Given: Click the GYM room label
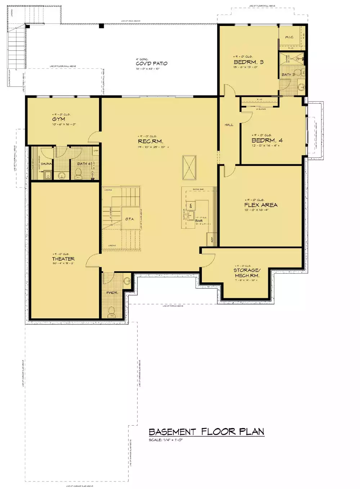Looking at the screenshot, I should (59, 119).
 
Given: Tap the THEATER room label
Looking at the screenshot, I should (63, 259).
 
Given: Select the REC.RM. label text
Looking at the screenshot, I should (150, 142).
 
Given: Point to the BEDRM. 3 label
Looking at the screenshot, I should (248, 62).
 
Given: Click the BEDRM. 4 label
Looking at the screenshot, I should (267, 140).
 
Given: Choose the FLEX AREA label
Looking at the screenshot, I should (261, 205).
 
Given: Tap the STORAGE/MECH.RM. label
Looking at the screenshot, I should (247, 273).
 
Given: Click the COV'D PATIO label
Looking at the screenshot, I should (152, 63).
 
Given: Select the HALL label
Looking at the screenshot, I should (229, 125).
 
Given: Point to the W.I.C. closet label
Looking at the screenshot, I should (289, 37).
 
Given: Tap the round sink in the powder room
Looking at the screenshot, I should (127, 281).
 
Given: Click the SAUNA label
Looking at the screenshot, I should (46, 164).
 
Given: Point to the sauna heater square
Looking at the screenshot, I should (48, 175).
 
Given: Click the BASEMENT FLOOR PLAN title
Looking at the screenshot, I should (206, 432).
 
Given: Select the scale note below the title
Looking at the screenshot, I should (166, 440).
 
